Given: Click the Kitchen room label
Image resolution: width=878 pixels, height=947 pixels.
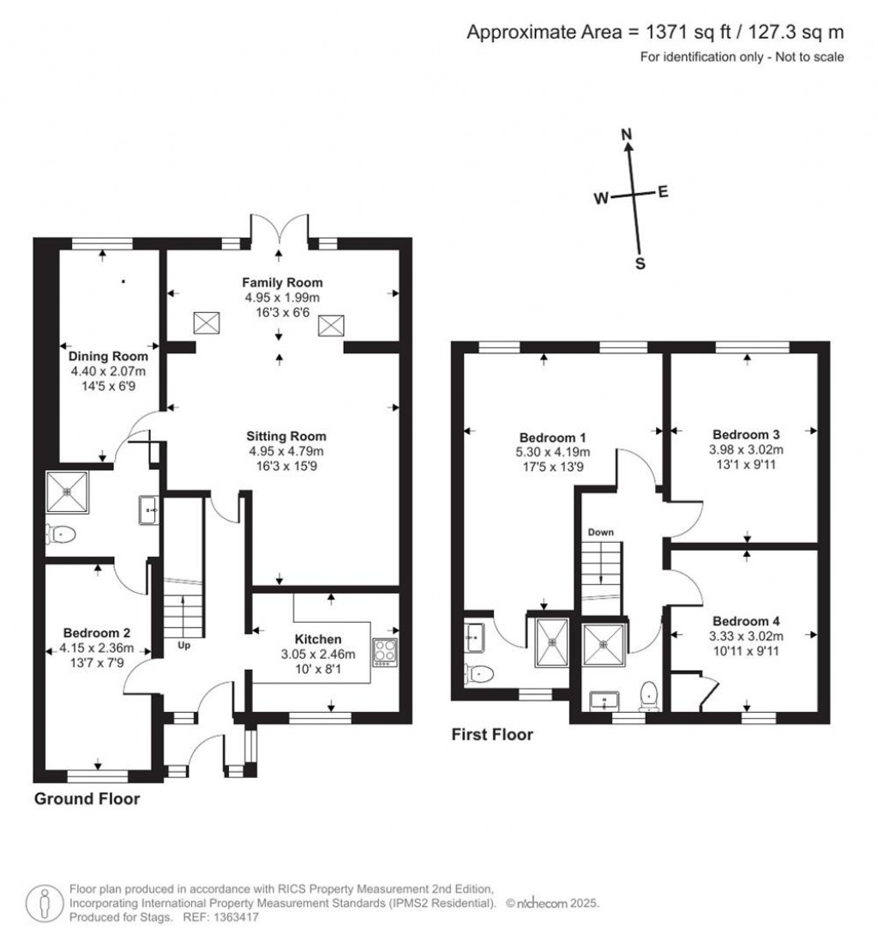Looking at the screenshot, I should [318, 639].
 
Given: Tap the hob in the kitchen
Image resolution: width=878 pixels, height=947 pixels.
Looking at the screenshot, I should [384, 652].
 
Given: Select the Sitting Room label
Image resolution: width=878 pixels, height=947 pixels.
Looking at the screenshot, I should [287, 436].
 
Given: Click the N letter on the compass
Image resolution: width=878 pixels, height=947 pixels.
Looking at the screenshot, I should [627, 134].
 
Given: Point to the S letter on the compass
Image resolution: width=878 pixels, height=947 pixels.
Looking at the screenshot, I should [640, 264].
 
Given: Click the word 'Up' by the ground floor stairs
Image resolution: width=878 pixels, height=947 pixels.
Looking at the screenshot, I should [183, 644].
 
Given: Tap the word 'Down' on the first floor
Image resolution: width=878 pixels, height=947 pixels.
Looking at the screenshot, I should [600, 532].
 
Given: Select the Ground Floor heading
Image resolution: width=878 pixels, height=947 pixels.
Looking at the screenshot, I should [87, 799].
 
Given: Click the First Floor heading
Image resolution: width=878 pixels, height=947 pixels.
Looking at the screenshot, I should [492, 734].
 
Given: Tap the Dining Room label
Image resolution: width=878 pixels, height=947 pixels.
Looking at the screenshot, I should [108, 356].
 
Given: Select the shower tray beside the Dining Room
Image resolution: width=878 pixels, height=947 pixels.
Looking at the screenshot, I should [68, 490].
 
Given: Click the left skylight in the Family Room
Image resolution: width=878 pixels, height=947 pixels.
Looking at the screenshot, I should [207, 323].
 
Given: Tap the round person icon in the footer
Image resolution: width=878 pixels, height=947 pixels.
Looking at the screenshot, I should [45, 903].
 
